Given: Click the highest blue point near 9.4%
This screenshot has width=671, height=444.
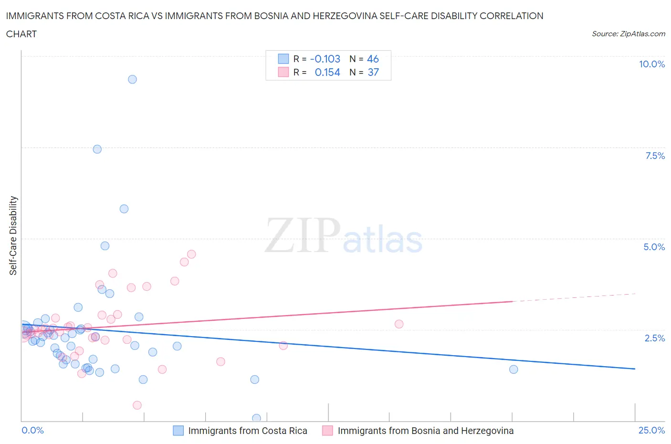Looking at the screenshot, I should [x=132, y=79].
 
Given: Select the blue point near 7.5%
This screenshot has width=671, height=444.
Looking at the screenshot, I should [x=97, y=149].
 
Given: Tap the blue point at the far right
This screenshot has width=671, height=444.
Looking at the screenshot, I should [x=514, y=369].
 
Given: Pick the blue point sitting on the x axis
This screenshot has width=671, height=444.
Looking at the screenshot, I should [x=256, y=418].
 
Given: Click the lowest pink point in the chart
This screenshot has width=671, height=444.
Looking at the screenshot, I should [x=137, y=405].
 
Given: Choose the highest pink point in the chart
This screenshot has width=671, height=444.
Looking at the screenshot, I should [x=191, y=254].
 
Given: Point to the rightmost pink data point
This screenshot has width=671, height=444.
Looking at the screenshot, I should [x=399, y=324].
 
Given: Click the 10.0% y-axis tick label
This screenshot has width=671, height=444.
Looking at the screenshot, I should [x=651, y=64].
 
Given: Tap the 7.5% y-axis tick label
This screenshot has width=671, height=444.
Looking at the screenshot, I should [x=654, y=156].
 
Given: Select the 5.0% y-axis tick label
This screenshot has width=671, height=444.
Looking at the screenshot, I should [x=654, y=247].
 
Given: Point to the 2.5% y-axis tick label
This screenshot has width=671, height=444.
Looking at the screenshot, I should [x=654, y=338].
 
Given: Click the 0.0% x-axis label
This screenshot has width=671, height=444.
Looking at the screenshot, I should [x=32, y=430].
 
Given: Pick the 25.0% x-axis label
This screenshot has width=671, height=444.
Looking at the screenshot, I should [x=651, y=430].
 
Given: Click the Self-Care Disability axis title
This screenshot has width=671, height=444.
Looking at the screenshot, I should [x=13, y=235].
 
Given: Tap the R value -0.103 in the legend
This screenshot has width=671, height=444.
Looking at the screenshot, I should [x=325, y=59].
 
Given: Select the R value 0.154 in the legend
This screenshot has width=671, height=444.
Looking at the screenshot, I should [x=327, y=72].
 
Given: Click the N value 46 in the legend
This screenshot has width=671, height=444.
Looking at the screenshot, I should [x=373, y=59].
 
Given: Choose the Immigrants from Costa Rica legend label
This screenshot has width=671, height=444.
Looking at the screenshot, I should [x=247, y=431].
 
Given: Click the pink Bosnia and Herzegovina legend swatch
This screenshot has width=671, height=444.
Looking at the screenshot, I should [x=327, y=431].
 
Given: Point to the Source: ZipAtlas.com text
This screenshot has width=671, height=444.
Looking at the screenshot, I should [x=628, y=33].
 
